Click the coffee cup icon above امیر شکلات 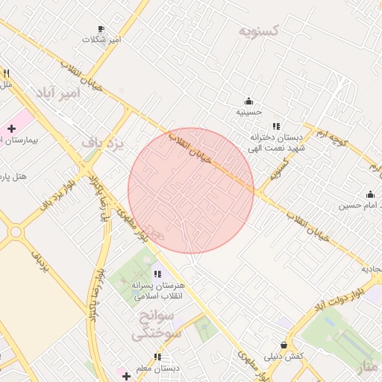tap(101, 28)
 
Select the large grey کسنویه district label tap(259, 31)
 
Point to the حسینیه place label tap(248, 112)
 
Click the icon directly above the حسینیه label tap(248, 101)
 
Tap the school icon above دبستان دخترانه tap(276, 126)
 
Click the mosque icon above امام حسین tap(371, 194)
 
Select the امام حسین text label tap(360, 204)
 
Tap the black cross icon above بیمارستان tap(11, 129)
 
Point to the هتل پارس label tap(13, 177)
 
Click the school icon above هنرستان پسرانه tap(156, 274)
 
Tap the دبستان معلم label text tap(160, 368)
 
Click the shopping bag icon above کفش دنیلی tap(284, 345)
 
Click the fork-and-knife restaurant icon tap(6, 73)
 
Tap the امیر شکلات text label tap(101, 39)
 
